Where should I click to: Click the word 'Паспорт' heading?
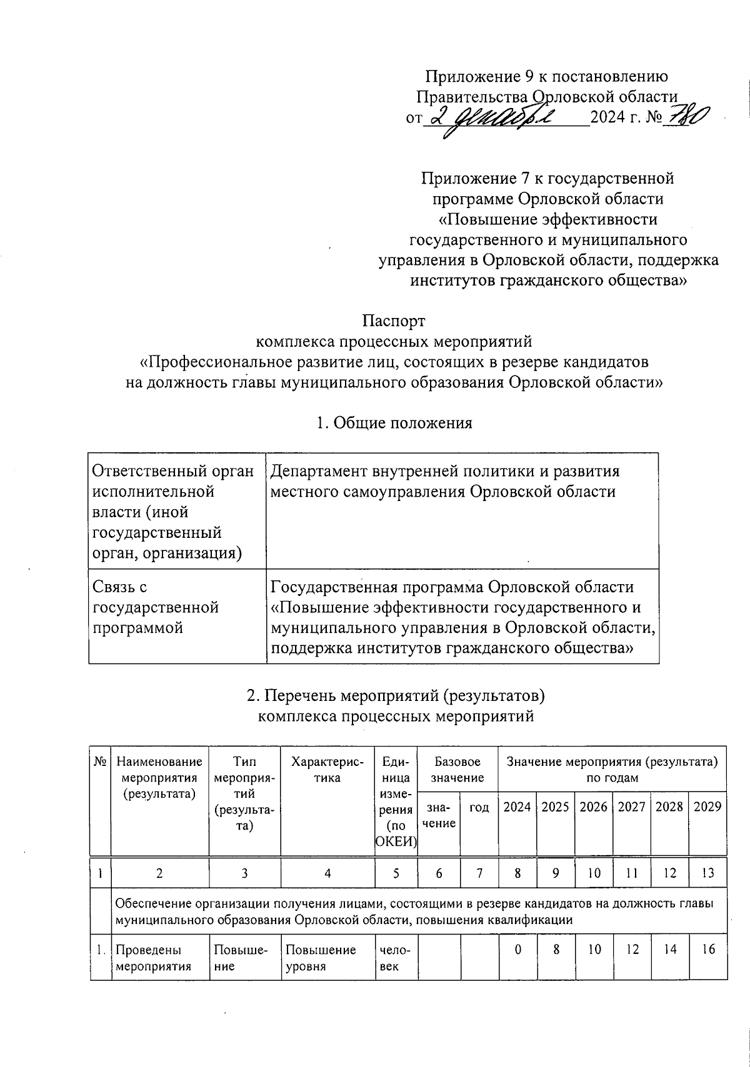[x=394, y=321]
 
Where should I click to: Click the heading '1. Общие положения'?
[x=394, y=423]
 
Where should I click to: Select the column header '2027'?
[x=631, y=806]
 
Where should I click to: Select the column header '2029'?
[x=707, y=806]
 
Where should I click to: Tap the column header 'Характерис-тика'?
[x=327, y=770]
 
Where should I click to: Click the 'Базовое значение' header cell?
[x=457, y=770]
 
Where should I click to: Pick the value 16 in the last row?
[x=707, y=950]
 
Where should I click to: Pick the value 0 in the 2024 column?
[x=517, y=950]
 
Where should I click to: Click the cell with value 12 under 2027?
[x=632, y=950]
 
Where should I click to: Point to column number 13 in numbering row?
[x=707, y=873]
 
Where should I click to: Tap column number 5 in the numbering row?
[x=396, y=873]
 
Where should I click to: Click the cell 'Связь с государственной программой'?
[x=156, y=607]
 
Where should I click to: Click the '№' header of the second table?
[x=100, y=762]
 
